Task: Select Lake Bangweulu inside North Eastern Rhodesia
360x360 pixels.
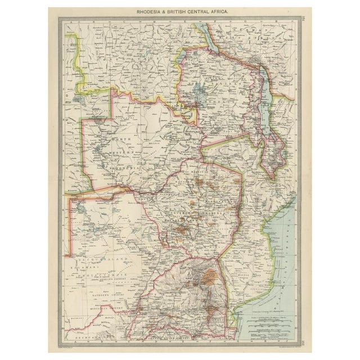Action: (199, 88)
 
